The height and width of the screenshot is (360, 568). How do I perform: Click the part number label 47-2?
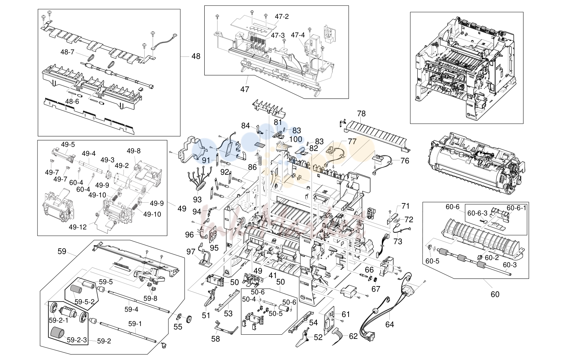(282, 17)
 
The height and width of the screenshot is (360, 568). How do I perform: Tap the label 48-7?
(67, 52)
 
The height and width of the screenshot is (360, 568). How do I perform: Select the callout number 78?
(361, 114)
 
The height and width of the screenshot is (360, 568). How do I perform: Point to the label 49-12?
(77, 227)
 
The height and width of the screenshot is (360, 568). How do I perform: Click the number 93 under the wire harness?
(197, 200)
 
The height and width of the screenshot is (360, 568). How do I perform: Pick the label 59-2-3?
(77, 340)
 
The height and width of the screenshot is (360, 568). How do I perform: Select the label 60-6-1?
(517, 208)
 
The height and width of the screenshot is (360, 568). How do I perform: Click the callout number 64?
(389, 324)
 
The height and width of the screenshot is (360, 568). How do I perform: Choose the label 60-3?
(510, 265)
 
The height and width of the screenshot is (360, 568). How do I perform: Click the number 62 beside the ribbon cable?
(353, 336)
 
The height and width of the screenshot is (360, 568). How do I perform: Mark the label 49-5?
(68, 145)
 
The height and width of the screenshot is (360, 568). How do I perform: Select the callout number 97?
(191, 252)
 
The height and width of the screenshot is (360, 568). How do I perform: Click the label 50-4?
(249, 299)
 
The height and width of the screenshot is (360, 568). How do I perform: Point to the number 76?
(405, 161)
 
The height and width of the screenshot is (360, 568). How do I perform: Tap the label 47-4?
(298, 35)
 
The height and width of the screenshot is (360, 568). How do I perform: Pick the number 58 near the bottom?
(216, 339)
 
